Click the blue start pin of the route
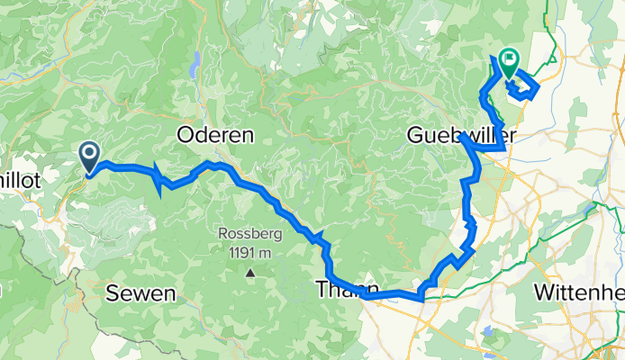tap(90, 157)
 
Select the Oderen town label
tap(215, 135)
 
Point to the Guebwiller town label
tap(453, 135)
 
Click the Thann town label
tap(343, 290)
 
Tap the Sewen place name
tap(140, 292)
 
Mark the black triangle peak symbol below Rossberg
tap(249, 271)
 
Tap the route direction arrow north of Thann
tap(317, 238)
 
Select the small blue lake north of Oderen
tap(195, 65)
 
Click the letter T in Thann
tap(322, 290)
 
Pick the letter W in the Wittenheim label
tap(543, 292)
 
